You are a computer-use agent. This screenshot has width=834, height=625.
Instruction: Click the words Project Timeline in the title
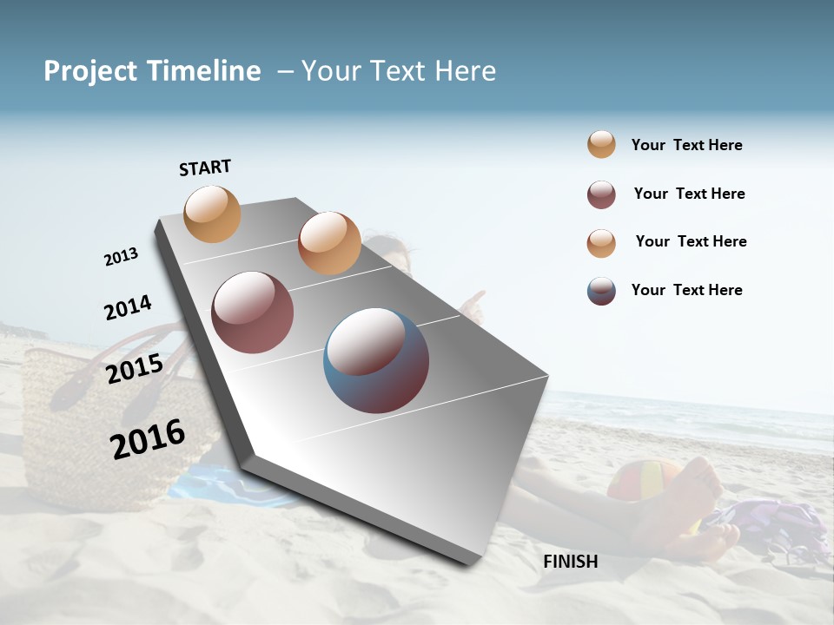[x=152, y=71]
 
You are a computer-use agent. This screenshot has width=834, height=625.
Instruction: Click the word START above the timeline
[x=205, y=168]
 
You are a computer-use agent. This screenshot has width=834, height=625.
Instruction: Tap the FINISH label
[x=570, y=562]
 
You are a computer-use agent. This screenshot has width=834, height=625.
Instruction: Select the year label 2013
[x=121, y=257]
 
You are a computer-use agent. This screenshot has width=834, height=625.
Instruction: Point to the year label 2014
[x=128, y=308]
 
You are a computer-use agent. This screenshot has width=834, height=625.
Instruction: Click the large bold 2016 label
[x=148, y=438]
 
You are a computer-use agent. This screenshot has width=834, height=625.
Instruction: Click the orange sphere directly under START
[x=213, y=214]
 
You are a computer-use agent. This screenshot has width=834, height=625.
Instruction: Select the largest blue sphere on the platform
[x=376, y=360]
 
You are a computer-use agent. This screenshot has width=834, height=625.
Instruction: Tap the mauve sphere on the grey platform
[x=253, y=312]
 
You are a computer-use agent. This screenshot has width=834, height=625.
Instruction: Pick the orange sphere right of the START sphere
[x=329, y=243]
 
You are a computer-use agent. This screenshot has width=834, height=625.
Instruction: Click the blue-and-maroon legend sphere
[x=601, y=291]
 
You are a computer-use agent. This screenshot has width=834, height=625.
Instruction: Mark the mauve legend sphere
[x=601, y=194]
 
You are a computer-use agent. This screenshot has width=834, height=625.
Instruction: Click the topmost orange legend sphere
[x=601, y=144]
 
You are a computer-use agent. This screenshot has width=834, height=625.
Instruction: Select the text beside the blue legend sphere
[x=686, y=290]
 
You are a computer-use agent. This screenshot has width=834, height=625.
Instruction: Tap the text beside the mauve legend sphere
[x=689, y=194]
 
